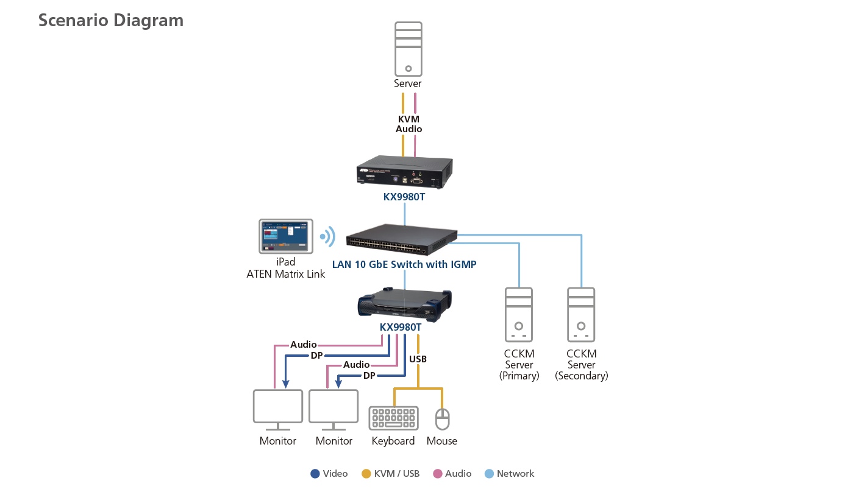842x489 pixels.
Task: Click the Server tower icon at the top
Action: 408,49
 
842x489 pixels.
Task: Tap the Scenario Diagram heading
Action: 111,20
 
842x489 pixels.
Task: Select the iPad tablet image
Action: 285,236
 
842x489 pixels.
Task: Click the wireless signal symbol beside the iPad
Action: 328,236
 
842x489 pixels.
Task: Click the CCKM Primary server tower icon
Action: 519,314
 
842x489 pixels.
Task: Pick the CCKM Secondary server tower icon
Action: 581,314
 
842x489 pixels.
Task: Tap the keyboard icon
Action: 394,418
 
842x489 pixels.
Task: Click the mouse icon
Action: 442,418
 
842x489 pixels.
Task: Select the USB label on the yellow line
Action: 418,359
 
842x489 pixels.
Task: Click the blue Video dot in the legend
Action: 315,474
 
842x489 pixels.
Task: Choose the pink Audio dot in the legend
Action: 437,474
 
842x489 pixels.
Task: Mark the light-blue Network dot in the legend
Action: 489,474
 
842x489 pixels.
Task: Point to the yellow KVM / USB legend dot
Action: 366,474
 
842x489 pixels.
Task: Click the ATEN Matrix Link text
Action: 285,274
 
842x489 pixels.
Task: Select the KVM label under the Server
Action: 409,119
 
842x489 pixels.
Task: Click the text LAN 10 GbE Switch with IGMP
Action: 404,264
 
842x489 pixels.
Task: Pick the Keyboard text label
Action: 393,441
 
